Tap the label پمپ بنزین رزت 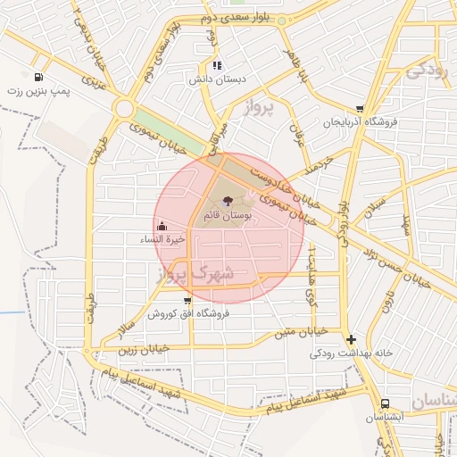click(37, 91)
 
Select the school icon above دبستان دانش click(217, 65)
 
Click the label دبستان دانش click(216, 79)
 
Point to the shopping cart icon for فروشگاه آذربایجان click(360, 108)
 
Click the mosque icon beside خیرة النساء click(162, 226)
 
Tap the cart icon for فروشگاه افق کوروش click(187, 301)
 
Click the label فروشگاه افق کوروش click(188, 314)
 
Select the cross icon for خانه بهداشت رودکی click(352, 339)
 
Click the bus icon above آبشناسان click(385, 403)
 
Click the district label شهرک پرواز click(195, 274)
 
